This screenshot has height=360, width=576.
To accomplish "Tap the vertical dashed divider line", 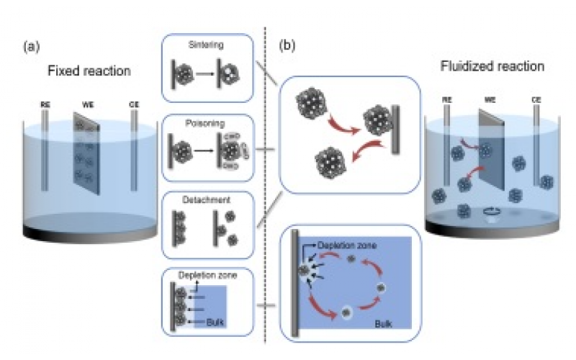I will (x=266, y=180).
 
